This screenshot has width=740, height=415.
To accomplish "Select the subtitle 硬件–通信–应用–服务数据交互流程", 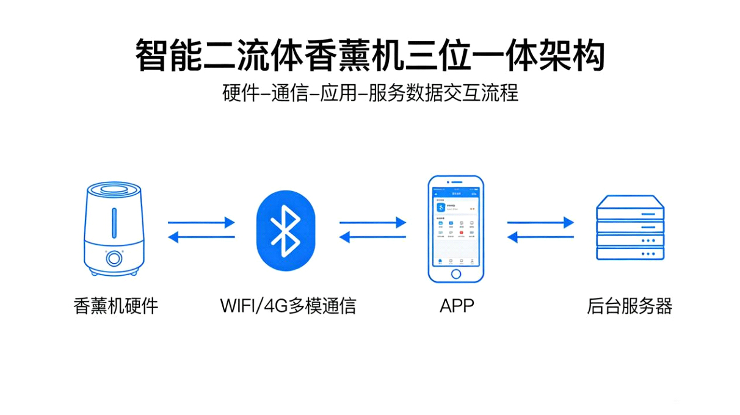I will (370, 94).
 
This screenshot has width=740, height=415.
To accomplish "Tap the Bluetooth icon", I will (286, 231).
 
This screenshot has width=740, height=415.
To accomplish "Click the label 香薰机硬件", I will (115, 305).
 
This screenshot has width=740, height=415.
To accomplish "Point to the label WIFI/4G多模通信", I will (288, 305).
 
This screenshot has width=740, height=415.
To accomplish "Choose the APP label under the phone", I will (456, 305).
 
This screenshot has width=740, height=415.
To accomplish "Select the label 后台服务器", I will (629, 305).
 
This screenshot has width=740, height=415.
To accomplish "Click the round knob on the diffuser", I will (114, 258).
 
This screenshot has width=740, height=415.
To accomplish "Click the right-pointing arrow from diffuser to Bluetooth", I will (201, 223).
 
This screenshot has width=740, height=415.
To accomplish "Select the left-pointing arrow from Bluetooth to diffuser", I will (201, 238).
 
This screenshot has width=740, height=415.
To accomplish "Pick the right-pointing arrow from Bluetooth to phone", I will (373, 223).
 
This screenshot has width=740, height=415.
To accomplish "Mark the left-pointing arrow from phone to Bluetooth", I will (373, 238).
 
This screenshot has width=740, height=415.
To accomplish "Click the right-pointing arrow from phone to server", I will (540, 223).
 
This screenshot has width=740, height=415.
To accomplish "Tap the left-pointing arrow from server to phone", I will (540, 238).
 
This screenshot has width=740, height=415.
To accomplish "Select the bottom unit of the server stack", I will (629, 254).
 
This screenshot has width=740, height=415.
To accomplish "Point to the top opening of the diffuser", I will (114, 190).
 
